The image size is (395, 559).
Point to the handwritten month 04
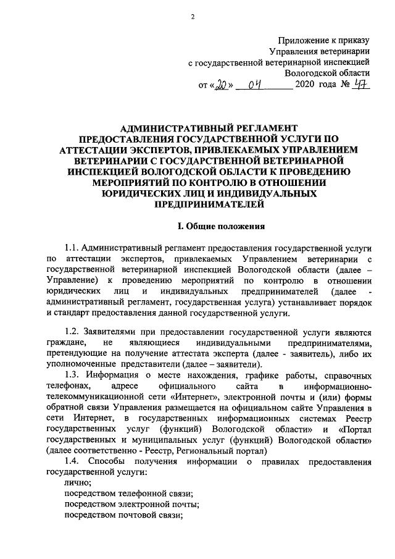(253, 85)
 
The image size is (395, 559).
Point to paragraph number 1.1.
(73, 247)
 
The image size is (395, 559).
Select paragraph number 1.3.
(73, 376)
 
